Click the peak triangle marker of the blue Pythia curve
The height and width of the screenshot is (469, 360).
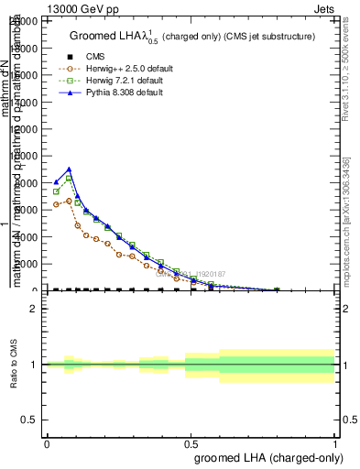[x=70, y=169]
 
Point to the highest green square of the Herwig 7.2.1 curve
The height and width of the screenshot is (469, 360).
[x=70, y=179]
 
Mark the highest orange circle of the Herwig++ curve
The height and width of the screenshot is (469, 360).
[x=70, y=202]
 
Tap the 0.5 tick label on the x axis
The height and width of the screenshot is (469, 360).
[x=191, y=443]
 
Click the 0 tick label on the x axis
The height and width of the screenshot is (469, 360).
[x=47, y=443]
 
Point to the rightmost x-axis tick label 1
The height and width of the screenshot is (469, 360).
[x=334, y=443]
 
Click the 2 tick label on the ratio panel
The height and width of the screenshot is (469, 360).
[x=35, y=309]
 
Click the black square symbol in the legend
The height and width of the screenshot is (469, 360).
[x=70, y=57]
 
